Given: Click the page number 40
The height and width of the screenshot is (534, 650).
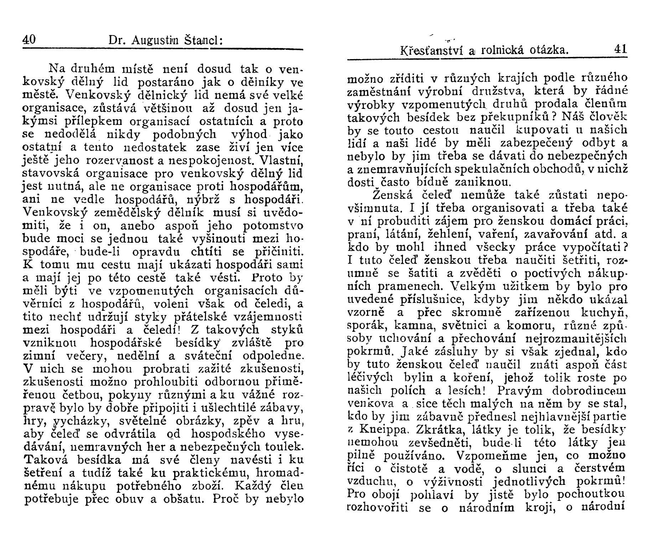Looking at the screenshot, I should [x=29, y=40].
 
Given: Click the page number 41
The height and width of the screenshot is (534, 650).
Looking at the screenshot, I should [x=620, y=49].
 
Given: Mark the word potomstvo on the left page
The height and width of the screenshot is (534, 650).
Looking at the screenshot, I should [x=273, y=226].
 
